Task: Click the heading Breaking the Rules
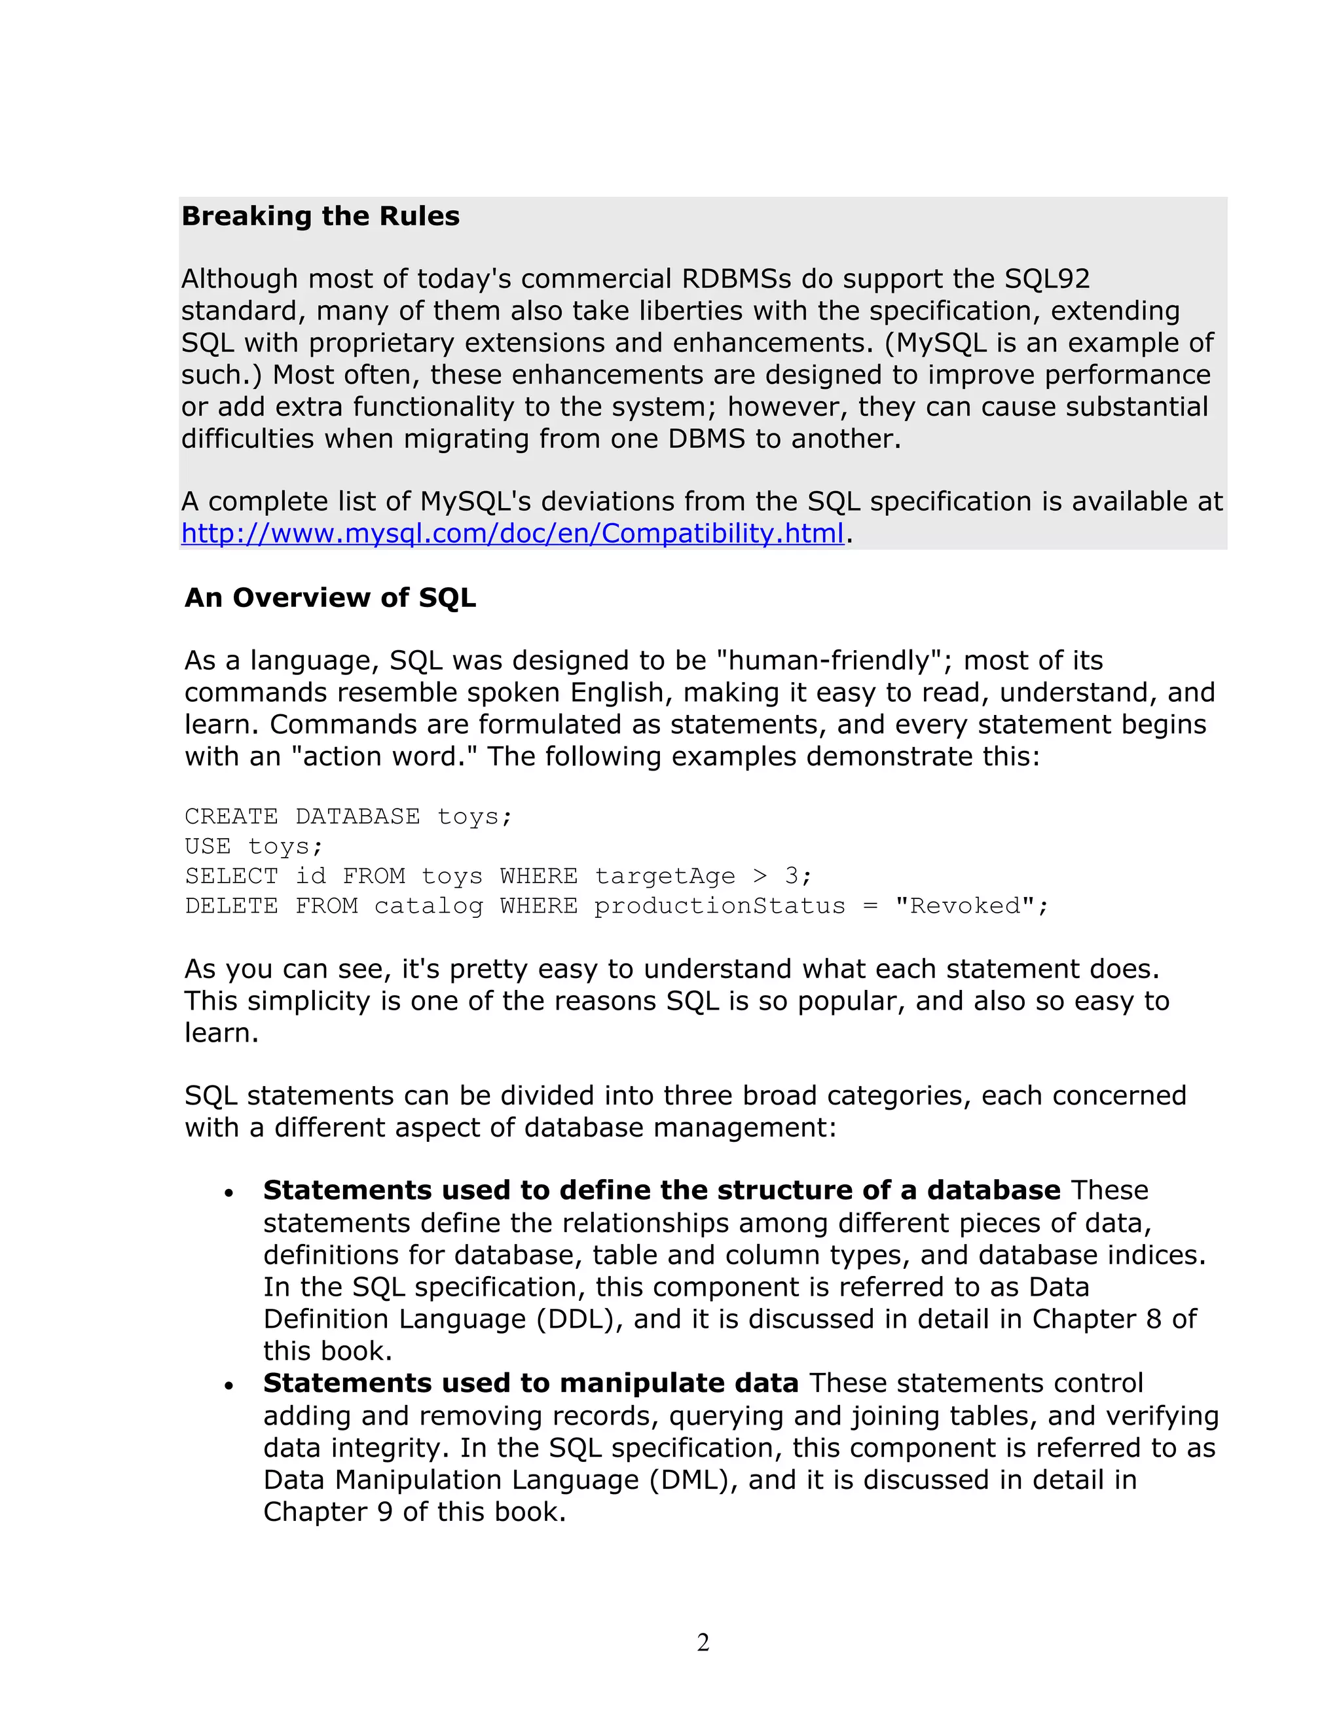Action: click(320, 216)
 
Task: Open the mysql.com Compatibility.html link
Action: click(513, 533)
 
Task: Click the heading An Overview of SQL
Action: click(330, 597)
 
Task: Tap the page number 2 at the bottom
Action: click(703, 1642)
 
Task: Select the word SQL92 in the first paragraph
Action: click(1047, 279)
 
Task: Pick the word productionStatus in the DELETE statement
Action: click(720, 905)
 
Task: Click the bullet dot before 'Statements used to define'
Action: click(229, 1192)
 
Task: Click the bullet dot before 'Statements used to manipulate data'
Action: click(229, 1385)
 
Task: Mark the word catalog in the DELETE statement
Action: click(428, 905)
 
